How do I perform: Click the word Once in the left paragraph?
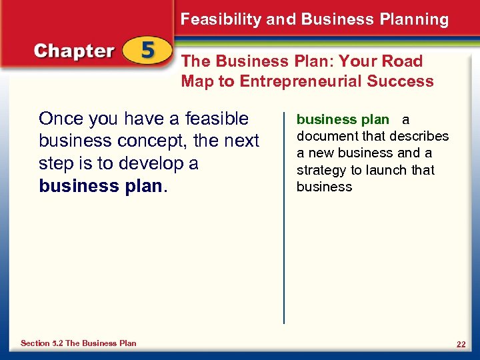point(60,119)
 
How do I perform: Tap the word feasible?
point(217,119)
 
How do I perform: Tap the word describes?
point(419,137)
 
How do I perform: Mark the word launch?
point(385,170)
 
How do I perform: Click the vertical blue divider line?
point(284,213)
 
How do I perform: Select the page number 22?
point(461,344)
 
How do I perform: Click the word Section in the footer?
point(35,343)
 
